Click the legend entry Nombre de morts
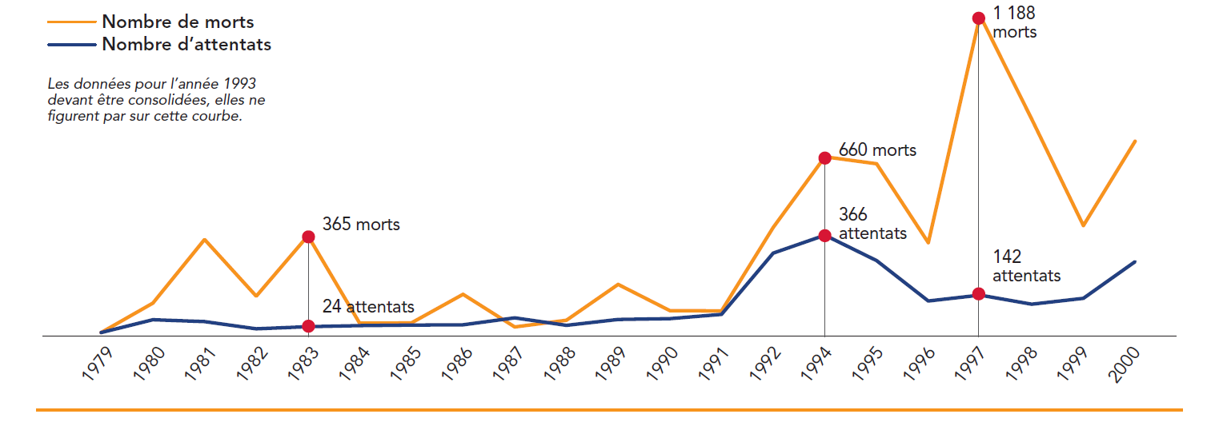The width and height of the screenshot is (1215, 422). click(x=178, y=22)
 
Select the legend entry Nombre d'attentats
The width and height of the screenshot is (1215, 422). click(x=186, y=45)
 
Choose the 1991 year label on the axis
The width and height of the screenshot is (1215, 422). click(x=714, y=362)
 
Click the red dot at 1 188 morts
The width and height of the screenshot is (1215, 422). click(x=978, y=18)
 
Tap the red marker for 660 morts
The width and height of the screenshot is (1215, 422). click(x=824, y=158)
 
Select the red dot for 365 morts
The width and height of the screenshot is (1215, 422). click(x=308, y=237)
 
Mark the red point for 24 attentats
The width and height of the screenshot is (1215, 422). click(x=308, y=326)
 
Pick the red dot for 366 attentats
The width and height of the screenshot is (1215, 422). click(x=824, y=235)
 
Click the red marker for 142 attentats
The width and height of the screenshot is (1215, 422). click(x=978, y=294)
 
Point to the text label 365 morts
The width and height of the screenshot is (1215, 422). click(x=361, y=225)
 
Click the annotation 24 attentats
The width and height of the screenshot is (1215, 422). click(x=368, y=306)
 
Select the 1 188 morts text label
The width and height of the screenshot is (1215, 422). click(x=1014, y=23)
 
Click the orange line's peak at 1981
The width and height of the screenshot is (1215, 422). click(x=205, y=239)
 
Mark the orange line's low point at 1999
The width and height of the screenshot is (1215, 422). click(x=1082, y=225)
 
